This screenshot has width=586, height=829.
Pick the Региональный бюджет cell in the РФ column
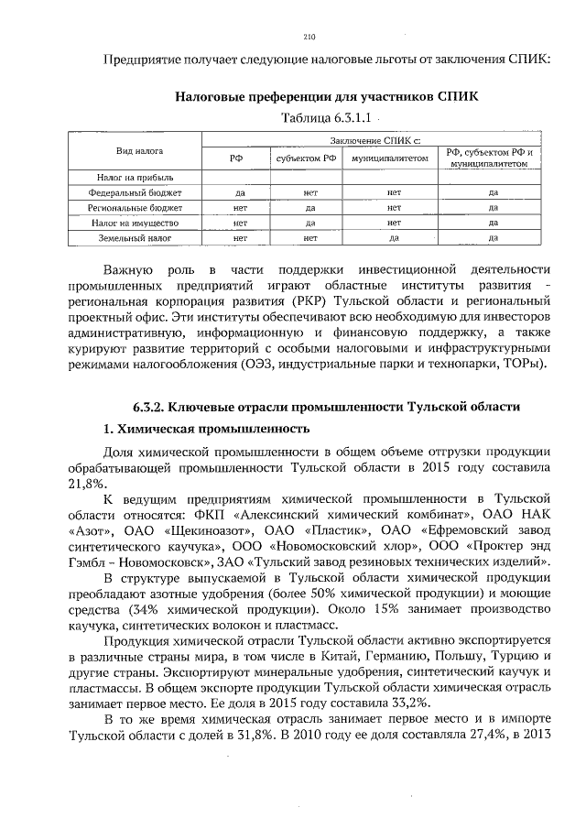click(238, 208)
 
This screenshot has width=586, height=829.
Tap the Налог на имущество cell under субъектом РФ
click(310, 223)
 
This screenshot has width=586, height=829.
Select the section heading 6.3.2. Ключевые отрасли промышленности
click(327, 406)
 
